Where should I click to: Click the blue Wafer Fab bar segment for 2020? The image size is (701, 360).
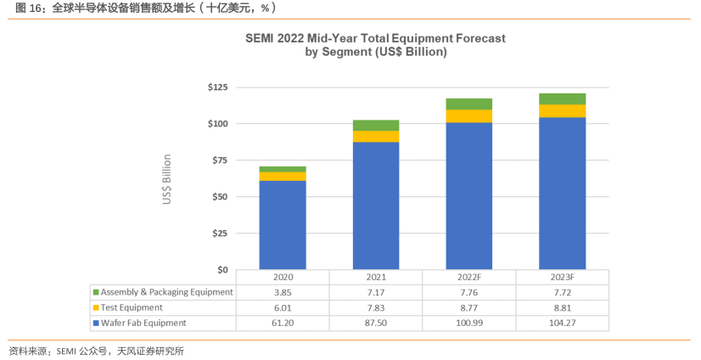pos(283,225)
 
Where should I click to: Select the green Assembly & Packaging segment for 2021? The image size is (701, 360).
pos(376,126)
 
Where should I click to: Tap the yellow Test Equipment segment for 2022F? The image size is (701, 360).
pos(468,116)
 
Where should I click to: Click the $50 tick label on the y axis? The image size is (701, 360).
pos(220,197)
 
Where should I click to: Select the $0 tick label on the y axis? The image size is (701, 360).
pos(222,270)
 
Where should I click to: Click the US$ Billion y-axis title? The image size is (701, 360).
pos(167,179)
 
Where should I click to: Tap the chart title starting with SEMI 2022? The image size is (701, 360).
pos(375,45)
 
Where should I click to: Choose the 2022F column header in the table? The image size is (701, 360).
pos(468,278)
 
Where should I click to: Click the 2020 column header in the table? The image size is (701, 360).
pos(283,278)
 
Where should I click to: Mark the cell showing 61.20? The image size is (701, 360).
pos(283,323)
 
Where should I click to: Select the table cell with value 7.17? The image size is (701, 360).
pos(376,292)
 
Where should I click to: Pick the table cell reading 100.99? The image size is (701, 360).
pos(468,323)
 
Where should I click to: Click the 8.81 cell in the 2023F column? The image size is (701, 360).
pos(562,307)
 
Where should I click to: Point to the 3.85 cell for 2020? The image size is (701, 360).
pos(283,292)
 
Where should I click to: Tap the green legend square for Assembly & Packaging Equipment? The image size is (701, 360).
pos(96,292)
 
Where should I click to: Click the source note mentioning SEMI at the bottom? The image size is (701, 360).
pos(96,351)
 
